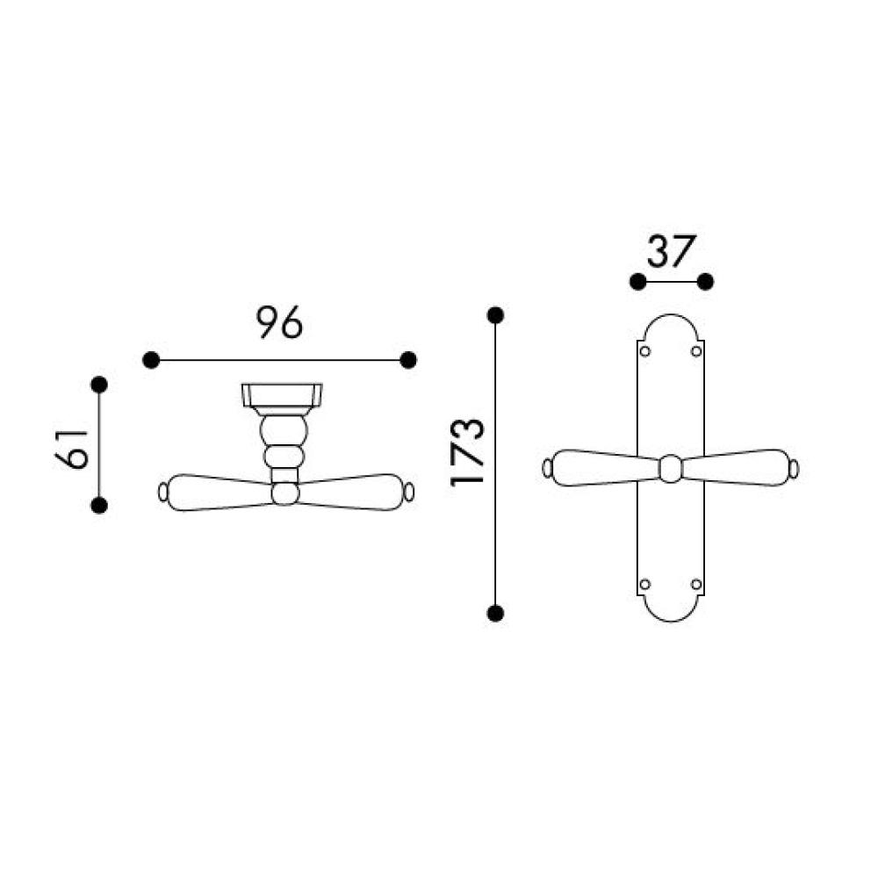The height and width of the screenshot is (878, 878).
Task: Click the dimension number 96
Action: tap(279, 322)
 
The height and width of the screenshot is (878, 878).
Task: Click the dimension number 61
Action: tap(72, 449)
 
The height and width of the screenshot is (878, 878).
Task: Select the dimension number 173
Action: tap(466, 452)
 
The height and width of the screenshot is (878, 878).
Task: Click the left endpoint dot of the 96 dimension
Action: tap(151, 360)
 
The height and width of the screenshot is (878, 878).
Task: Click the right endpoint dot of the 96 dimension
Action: tap(408, 360)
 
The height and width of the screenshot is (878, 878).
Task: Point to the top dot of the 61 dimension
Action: tap(99, 385)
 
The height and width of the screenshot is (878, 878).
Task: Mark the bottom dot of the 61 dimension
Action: tap(99, 506)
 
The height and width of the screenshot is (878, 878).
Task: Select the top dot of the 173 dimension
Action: tap(495, 316)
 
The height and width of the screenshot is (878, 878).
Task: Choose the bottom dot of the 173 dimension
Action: tap(495, 614)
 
